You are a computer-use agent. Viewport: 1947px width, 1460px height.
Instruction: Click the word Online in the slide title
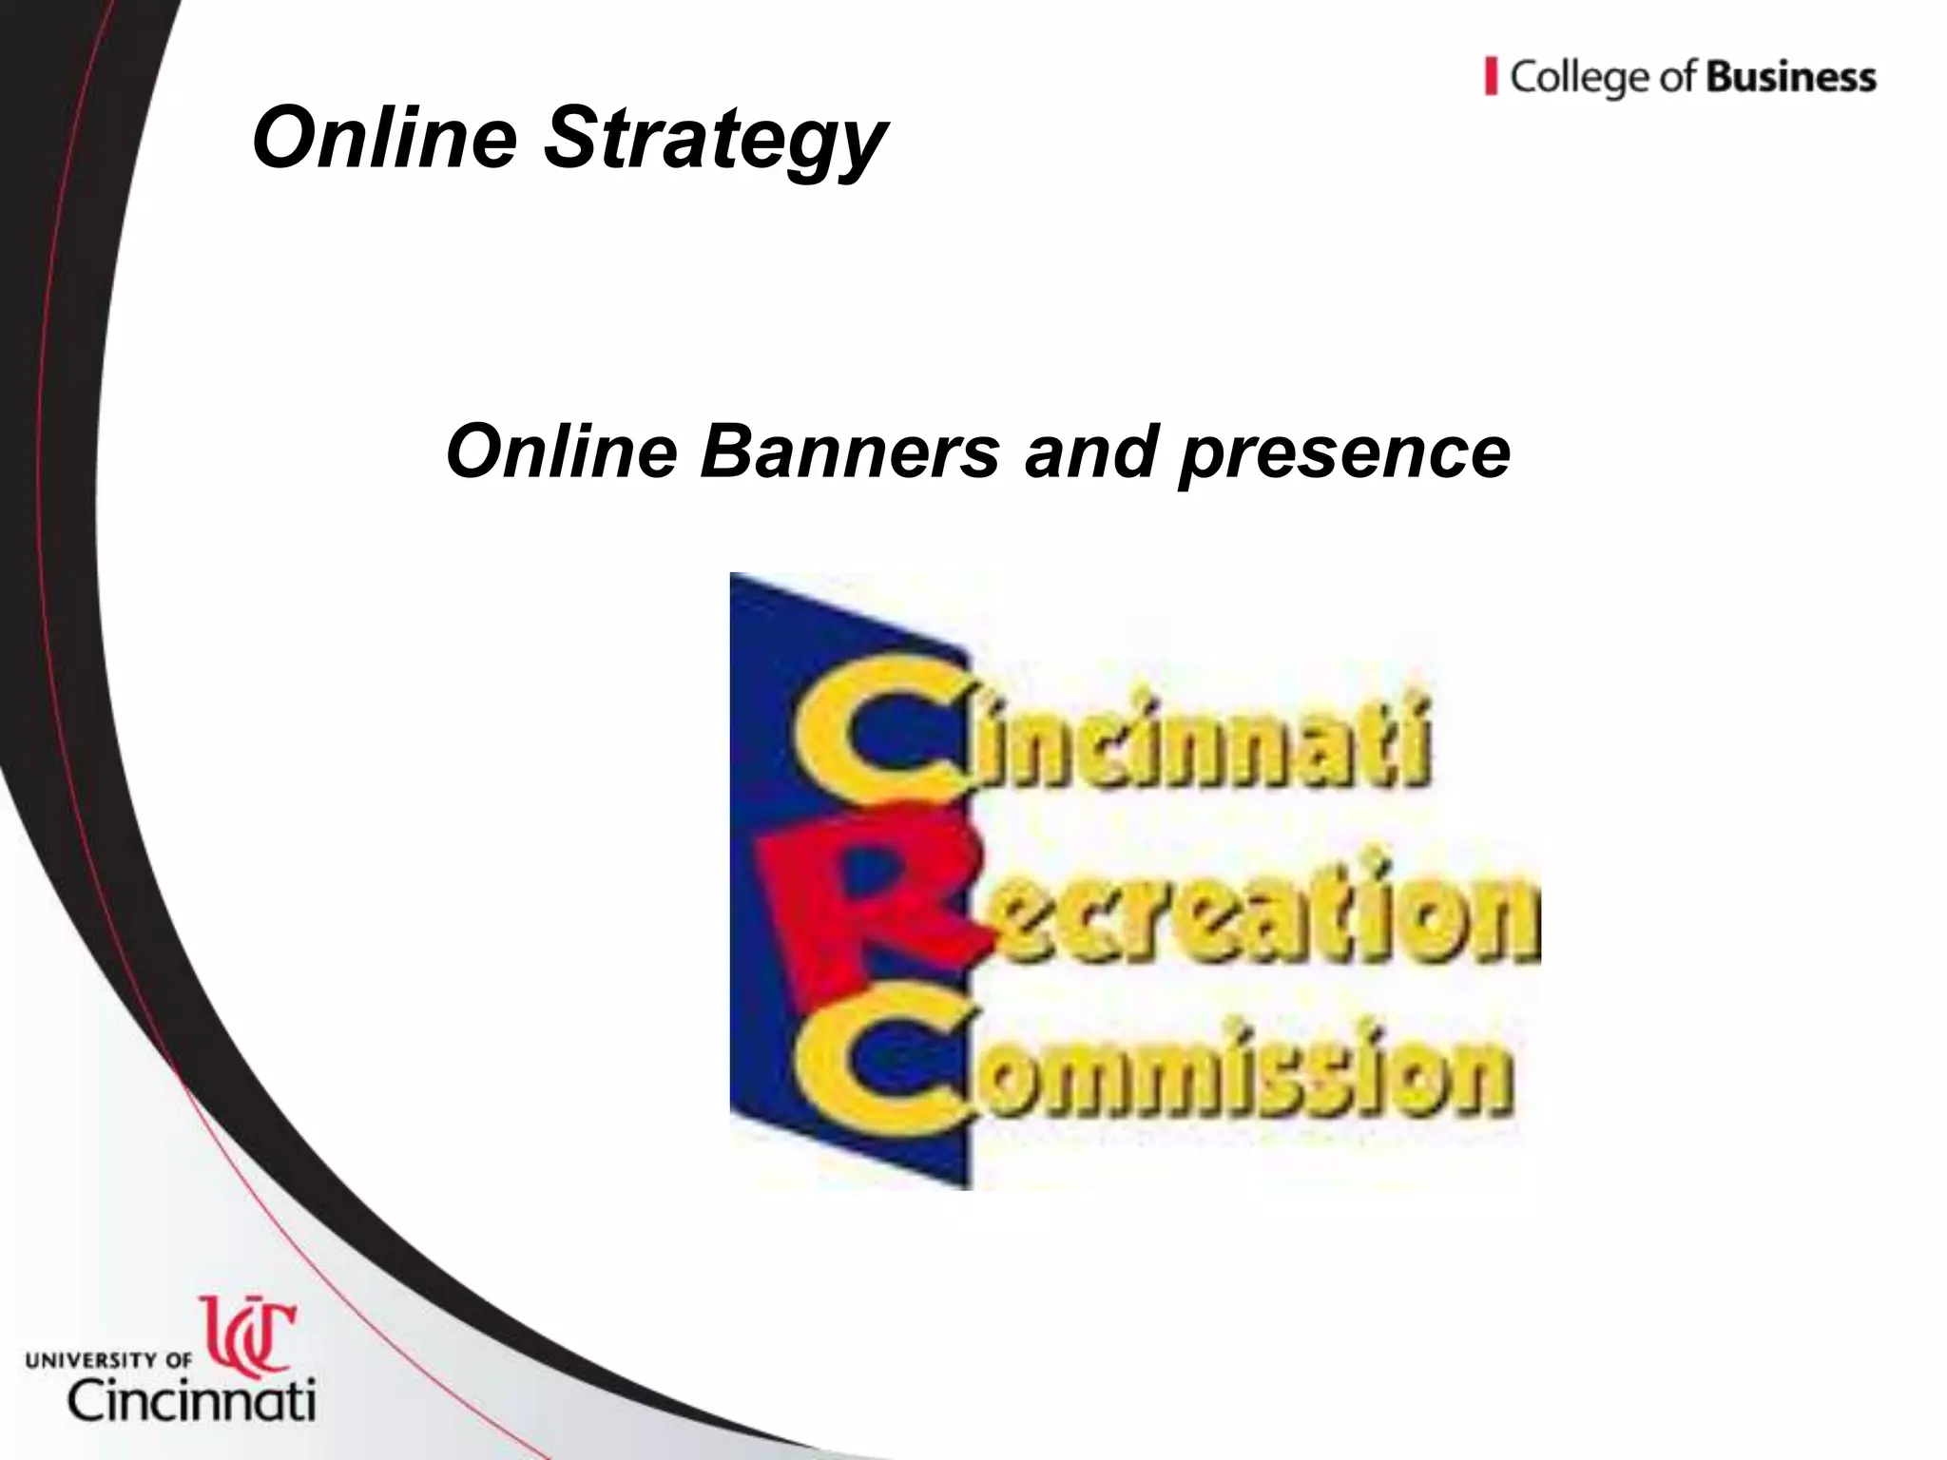pyautogui.click(x=384, y=138)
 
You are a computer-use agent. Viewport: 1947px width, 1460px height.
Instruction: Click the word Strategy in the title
pyautogui.click(x=714, y=141)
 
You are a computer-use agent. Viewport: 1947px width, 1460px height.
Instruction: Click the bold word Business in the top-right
pyautogui.click(x=1791, y=77)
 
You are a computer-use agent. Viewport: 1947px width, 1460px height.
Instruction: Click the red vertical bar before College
pyautogui.click(x=1491, y=76)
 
